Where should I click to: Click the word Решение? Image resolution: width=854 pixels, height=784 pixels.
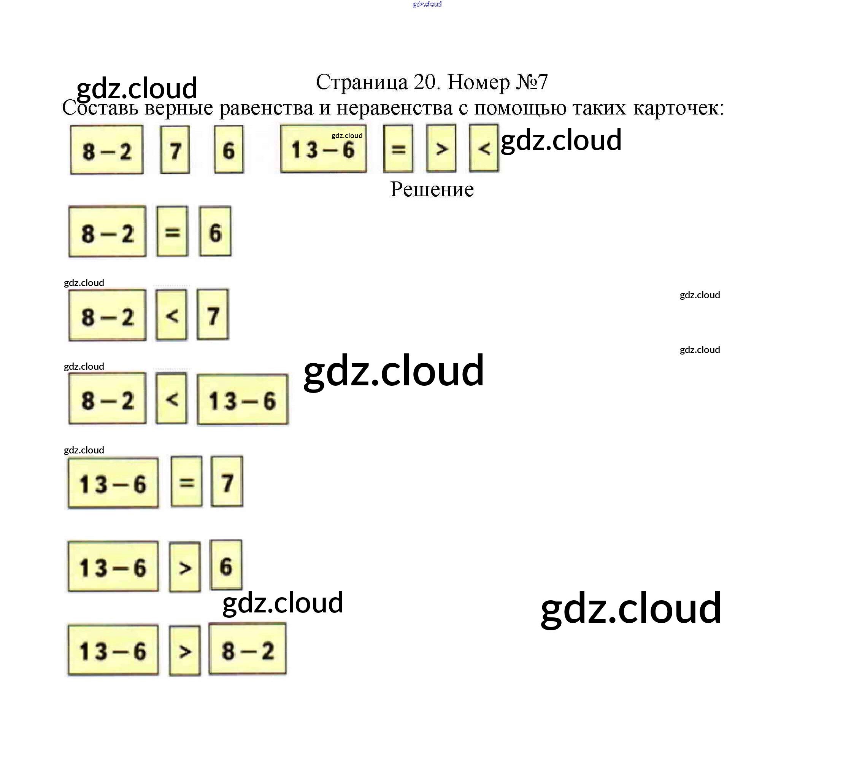coord(431,189)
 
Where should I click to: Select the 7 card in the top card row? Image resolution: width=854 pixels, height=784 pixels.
coord(175,149)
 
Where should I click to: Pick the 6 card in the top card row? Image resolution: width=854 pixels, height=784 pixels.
coord(229,149)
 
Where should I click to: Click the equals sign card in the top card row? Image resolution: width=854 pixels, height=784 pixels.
coord(398,148)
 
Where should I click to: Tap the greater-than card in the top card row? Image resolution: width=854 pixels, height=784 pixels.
coord(441,148)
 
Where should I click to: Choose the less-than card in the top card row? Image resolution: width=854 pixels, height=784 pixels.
coord(483,148)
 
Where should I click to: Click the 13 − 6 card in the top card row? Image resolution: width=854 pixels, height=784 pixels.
coord(323,149)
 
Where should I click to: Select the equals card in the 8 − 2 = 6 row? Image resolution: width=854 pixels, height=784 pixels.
coord(172,232)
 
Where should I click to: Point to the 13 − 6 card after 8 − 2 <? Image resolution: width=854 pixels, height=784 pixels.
coord(242,400)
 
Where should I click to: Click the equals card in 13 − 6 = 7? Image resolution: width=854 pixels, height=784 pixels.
coord(186,482)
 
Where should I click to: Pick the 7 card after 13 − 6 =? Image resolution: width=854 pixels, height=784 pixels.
coord(227,482)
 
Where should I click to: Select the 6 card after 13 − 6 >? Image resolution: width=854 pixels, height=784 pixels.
coord(226,566)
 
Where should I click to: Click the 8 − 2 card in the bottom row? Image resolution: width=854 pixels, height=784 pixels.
coord(247,649)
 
